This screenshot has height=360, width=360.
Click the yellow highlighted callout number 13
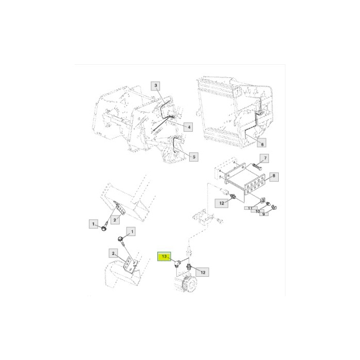(164, 257)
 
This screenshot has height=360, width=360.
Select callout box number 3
(155, 86)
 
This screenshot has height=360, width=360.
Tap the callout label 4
(189, 127)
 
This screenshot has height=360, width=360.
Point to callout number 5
(194, 157)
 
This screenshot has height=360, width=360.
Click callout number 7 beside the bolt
(264, 158)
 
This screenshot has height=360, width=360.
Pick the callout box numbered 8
(274, 177)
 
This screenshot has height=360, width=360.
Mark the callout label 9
(263, 214)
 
